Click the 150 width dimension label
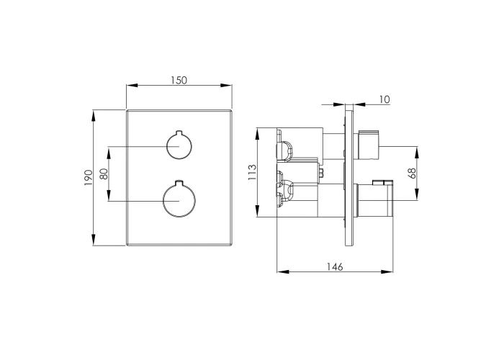click(x=179, y=80)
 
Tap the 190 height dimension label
click(x=88, y=178)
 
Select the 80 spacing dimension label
click(x=104, y=174)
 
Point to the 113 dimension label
click(x=252, y=172)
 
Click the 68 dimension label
click(x=412, y=174)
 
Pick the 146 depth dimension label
click(x=335, y=267)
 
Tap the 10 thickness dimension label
click(x=384, y=99)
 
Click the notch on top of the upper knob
click(x=179, y=132)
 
